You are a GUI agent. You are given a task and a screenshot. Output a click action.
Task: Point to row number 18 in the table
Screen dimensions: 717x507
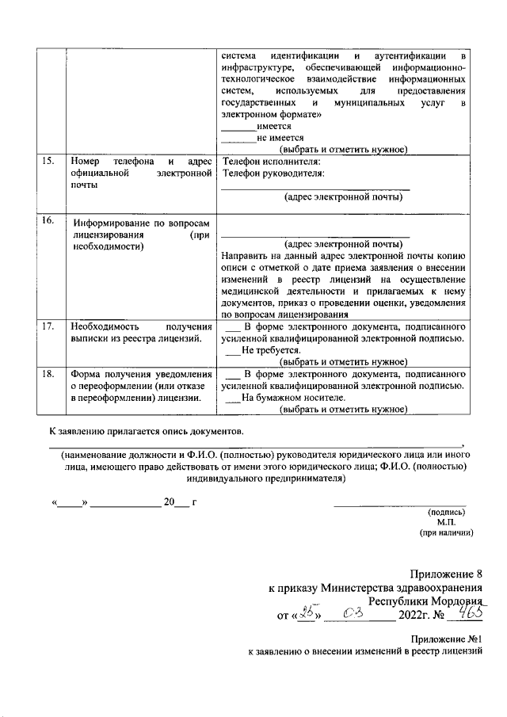coord(48,374)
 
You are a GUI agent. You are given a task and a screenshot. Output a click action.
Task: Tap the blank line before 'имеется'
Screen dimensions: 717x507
coord(238,127)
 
